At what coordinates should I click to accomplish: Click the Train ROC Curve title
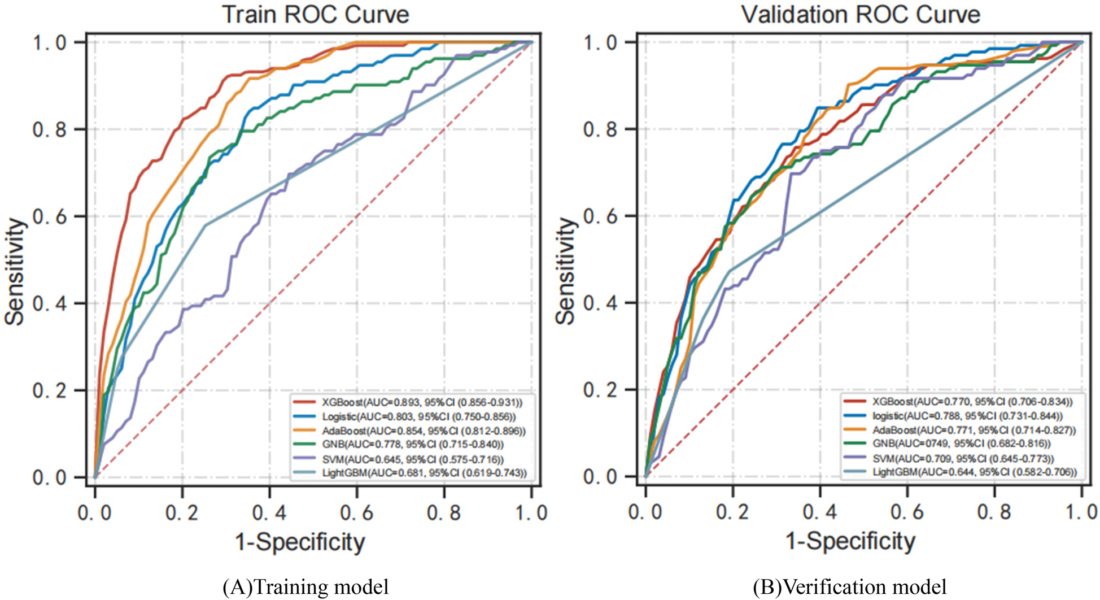316,15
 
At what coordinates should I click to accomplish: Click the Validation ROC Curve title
861,15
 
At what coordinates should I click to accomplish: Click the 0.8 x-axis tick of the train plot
444,512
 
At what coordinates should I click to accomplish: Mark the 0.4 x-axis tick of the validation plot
820,512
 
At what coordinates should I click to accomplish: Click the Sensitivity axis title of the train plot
15,272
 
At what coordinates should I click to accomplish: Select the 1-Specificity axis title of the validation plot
850,541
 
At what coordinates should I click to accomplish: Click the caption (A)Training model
305,587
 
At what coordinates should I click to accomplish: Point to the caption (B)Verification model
849,587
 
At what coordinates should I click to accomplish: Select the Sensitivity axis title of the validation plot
566,272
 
